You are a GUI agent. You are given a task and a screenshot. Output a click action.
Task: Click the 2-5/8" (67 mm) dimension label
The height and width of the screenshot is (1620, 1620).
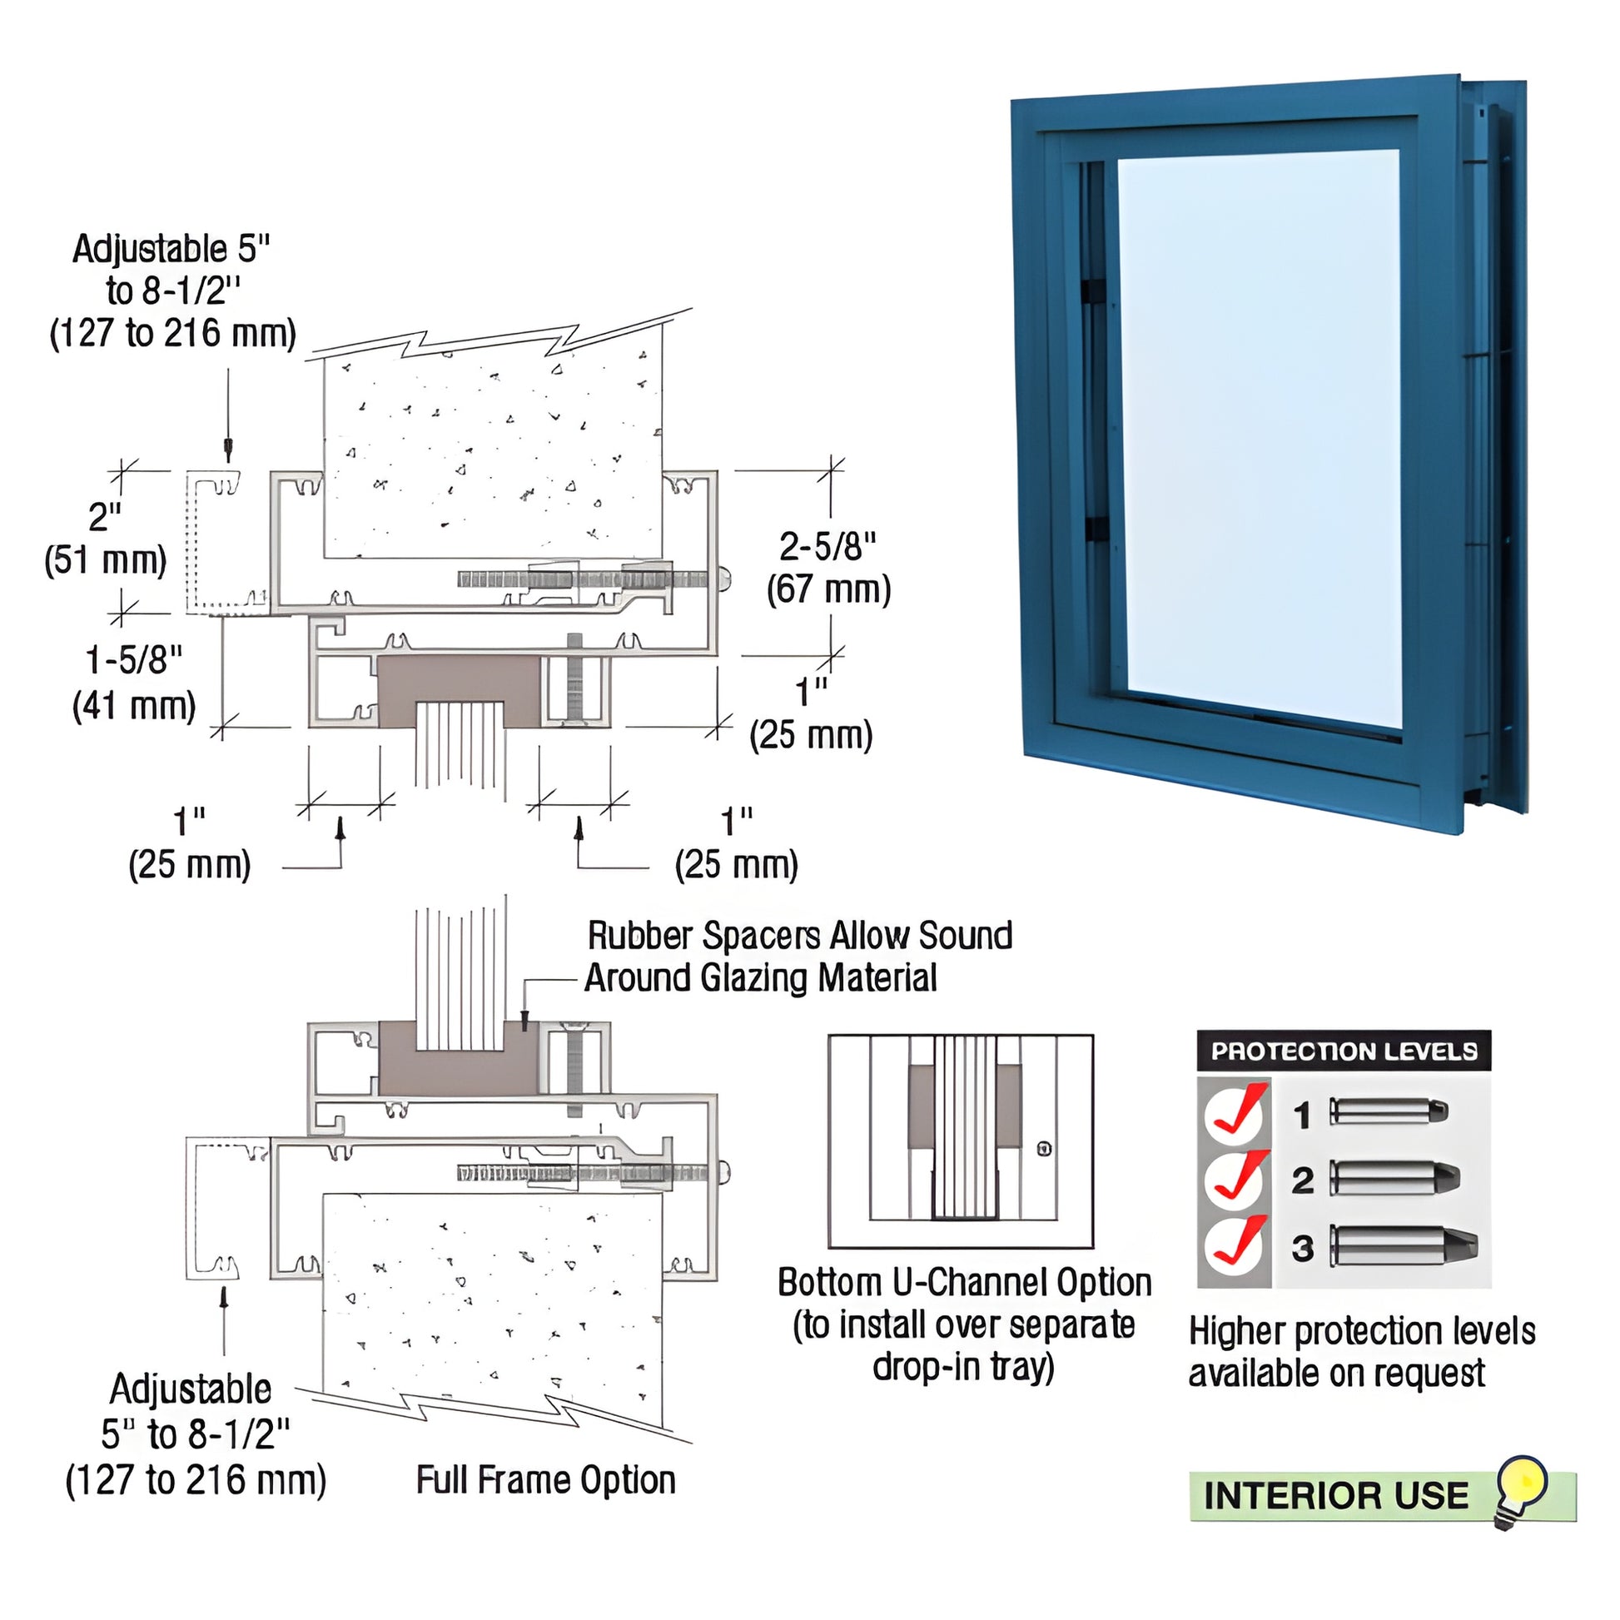827,568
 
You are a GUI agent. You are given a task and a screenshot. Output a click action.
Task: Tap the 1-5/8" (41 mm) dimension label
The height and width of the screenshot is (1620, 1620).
134,683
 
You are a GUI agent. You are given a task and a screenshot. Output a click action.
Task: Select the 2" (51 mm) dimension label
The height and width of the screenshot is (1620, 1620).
106,539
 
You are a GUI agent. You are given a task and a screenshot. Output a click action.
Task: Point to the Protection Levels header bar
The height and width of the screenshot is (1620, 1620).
1343,1051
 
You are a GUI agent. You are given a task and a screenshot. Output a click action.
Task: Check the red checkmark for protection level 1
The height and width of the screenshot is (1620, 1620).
1236,1113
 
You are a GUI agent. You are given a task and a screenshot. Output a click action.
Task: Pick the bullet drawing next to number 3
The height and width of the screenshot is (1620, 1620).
1401,1247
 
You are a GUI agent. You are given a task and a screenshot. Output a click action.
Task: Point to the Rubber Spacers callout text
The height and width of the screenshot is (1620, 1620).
798,957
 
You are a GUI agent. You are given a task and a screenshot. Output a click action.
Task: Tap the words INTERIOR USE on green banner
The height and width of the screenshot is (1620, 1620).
1336,1496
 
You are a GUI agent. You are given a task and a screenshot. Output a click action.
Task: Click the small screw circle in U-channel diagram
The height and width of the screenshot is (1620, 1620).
1044,1149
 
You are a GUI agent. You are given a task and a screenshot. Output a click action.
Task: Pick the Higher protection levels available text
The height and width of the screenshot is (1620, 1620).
1361,1352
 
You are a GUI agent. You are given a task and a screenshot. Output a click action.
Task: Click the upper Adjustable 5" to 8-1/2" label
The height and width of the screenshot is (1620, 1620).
172,291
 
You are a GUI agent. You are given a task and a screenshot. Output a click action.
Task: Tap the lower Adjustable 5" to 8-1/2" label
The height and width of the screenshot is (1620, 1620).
195,1434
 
